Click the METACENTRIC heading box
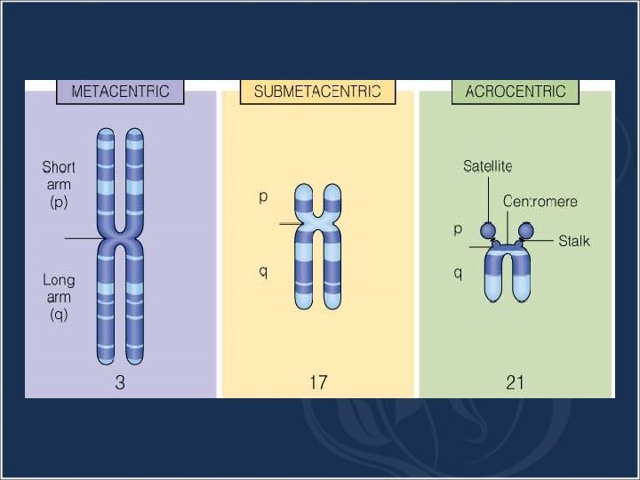click(x=120, y=92)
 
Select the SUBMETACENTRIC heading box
click(x=317, y=92)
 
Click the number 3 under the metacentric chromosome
click(x=120, y=383)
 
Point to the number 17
click(x=317, y=383)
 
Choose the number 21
click(x=515, y=383)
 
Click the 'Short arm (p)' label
click(x=59, y=184)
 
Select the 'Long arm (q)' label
click(x=59, y=297)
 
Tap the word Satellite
click(x=487, y=166)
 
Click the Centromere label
click(x=540, y=202)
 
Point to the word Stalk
click(x=574, y=241)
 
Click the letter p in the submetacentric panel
click(x=263, y=197)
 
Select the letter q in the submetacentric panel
click(x=263, y=271)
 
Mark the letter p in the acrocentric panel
click(x=458, y=228)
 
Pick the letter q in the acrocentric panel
click(x=458, y=273)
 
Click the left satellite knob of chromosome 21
click(x=488, y=231)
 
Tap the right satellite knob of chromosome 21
click(x=525, y=231)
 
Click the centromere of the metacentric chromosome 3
click(x=121, y=239)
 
